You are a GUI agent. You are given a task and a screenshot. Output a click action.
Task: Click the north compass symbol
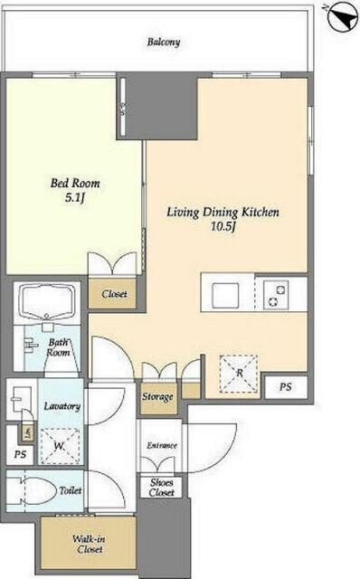tap(343, 17)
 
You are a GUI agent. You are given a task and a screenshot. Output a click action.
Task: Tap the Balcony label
tap(164, 42)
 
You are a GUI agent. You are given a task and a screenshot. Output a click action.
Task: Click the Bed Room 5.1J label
tap(75, 191)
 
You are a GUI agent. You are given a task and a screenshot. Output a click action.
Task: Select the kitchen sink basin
tap(224, 295)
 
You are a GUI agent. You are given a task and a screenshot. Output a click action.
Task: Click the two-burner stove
tap(276, 295)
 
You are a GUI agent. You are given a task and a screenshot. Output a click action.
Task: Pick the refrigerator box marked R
tap(239, 374)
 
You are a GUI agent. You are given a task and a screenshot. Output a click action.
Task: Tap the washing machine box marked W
tap(60, 446)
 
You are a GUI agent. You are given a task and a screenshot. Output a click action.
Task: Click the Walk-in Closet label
tap(89, 544)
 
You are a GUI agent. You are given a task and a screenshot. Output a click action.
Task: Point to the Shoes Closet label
tap(162, 488)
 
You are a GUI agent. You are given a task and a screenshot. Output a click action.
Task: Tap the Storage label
tap(157, 397)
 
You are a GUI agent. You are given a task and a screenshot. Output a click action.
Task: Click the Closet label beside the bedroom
tap(115, 294)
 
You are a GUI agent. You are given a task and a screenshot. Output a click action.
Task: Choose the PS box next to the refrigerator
tap(286, 387)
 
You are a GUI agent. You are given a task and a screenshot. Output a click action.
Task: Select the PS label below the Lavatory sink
tap(20, 454)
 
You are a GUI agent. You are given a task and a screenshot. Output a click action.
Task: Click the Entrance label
tap(162, 445)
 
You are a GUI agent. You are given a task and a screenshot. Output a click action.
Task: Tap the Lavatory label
tap(62, 406)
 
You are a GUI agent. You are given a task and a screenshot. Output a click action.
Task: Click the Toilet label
tap(71, 490)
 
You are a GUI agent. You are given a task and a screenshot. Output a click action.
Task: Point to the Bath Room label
tap(58, 347)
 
